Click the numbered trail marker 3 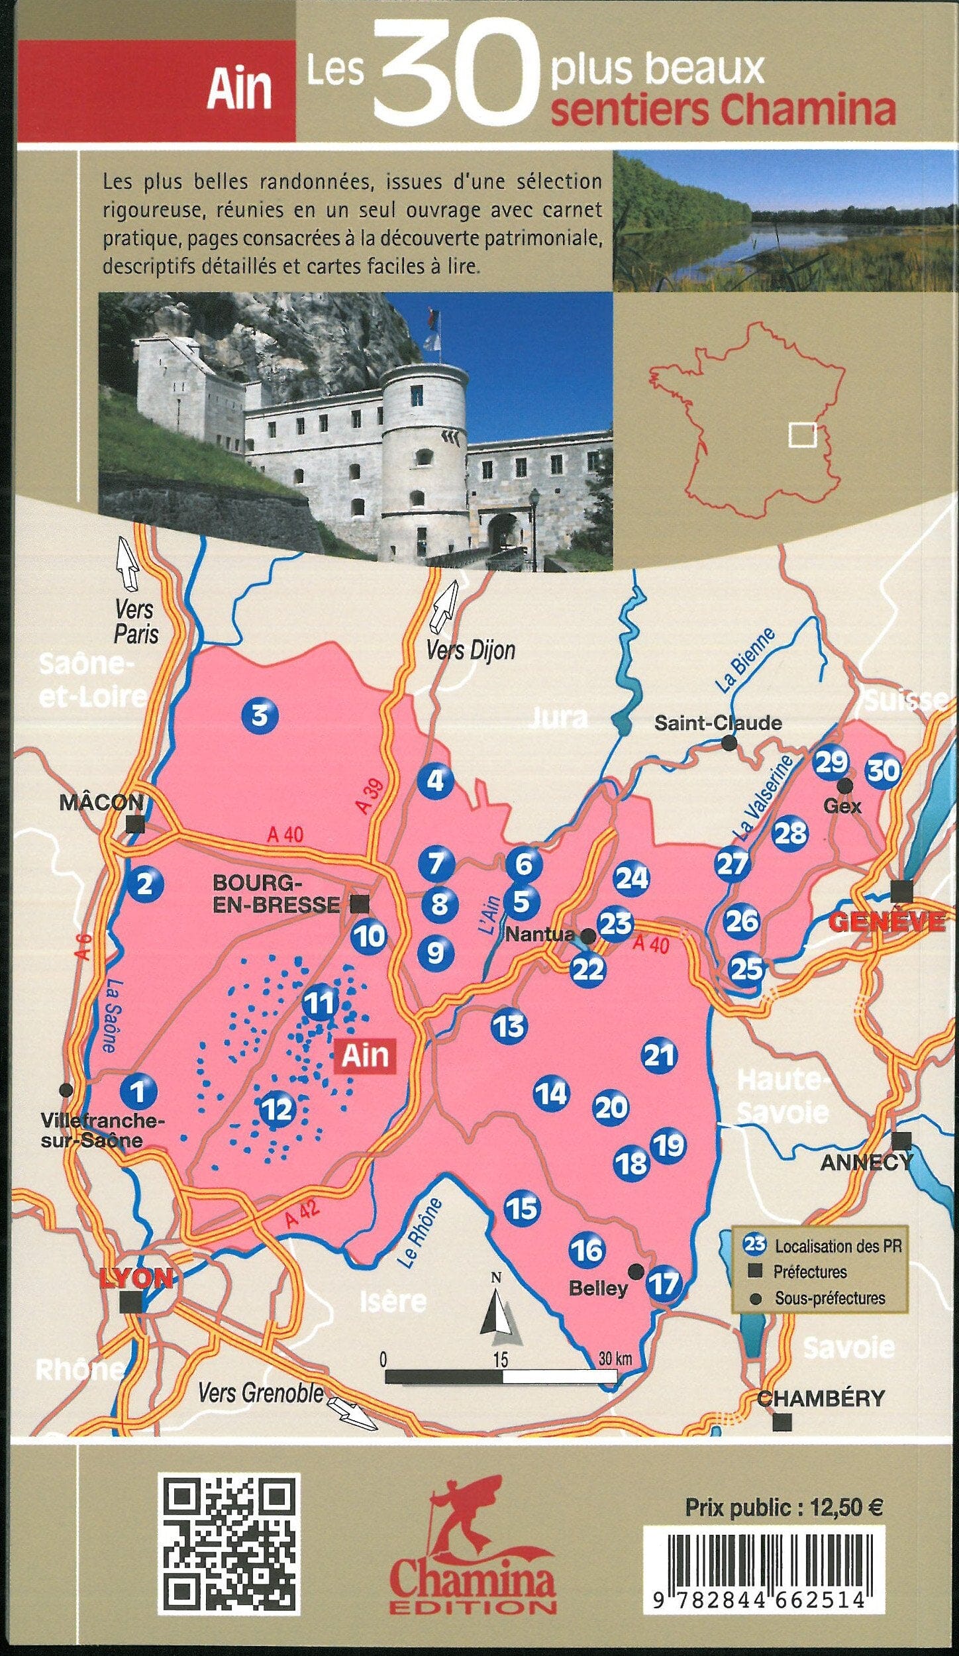(260, 715)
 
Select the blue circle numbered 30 (883, 770)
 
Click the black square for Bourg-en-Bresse (360, 903)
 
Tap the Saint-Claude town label (718, 723)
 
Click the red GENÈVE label (887, 921)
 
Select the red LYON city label (136, 1278)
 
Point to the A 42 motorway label (303, 1212)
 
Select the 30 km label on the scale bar (615, 1359)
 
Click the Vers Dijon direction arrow (444, 605)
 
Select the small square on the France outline (802, 435)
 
